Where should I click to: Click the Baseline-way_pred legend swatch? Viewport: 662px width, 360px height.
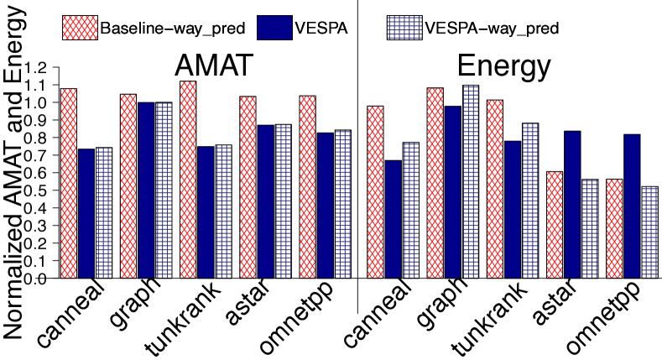tap(79, 28)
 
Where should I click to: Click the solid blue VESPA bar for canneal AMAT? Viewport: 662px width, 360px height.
tap(86, 214)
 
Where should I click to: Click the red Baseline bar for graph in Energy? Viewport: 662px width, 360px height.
tap(435, 183)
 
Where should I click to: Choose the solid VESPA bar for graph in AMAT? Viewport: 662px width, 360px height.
tap(145, 190)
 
